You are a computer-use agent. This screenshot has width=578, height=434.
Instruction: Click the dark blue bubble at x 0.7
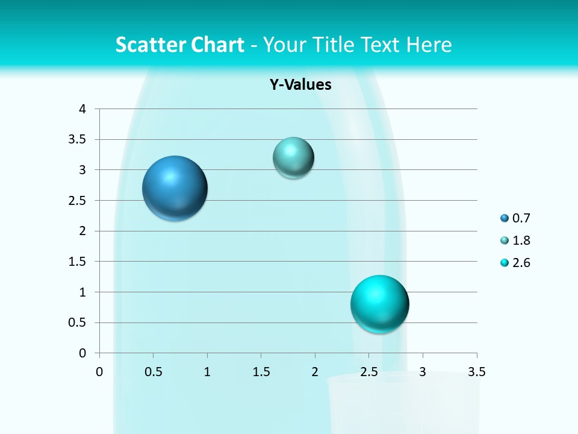[175, 188]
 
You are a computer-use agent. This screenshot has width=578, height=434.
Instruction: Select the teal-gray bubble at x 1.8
[293, 158]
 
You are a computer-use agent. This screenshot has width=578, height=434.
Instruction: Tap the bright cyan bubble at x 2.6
[379, 304]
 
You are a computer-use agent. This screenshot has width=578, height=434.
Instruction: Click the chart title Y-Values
[300, 85]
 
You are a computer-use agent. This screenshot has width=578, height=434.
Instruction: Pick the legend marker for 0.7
[505, 218]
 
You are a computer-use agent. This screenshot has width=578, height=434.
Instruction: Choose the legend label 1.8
[521, 241]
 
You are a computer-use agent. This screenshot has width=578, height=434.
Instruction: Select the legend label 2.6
[521, 263]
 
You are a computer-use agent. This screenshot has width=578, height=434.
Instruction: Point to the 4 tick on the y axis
[82, 109]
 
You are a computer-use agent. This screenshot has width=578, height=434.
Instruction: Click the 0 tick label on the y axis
[82, 353]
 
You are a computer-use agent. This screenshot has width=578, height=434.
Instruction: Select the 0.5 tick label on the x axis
[153, 372]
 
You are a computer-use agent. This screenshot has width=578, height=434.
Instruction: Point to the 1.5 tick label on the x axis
[261, 372]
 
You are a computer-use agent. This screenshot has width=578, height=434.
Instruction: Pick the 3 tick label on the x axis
[423, 372]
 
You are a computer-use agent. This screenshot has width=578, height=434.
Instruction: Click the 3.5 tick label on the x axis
[476, 372]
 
